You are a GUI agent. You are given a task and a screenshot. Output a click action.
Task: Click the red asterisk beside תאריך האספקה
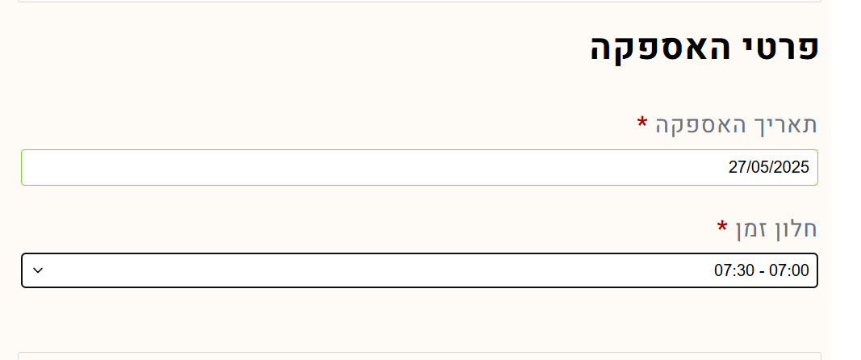[x=642, y=122]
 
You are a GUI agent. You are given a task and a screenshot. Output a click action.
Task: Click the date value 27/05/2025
[x=769, y=167]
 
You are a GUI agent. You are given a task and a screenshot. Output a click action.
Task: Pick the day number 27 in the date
[x=737, y=167]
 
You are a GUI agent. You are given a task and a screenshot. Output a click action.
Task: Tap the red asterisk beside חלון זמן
[x=723, y=226]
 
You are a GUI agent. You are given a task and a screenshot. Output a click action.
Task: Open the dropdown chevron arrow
[x=38, y=270]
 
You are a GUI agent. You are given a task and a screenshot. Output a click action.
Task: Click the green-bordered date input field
[x=420, y=167]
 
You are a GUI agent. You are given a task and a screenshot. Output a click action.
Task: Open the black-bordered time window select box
[x=420, y=270]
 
